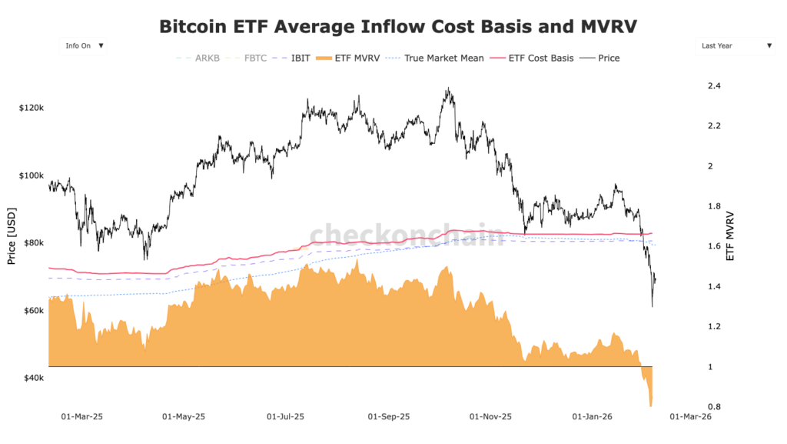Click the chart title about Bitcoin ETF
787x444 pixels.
[398, 26]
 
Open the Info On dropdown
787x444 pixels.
[83, 46]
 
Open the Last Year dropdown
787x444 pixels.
[734, 46]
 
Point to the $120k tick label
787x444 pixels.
[31, 108]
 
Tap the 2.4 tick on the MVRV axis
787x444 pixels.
[714, 85]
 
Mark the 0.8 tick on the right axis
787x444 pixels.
[714, 407]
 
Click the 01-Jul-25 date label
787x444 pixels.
[285, 416]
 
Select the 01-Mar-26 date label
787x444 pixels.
[689, 416]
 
